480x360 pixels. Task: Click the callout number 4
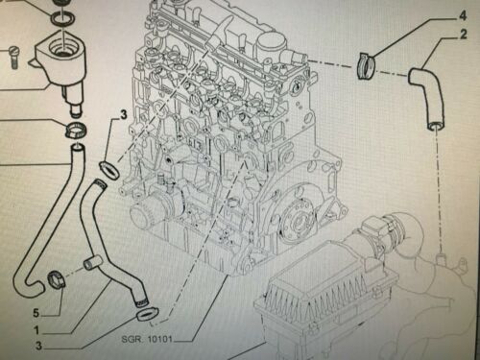click(x=463, y=15)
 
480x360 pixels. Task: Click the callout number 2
click(x=463, y=34)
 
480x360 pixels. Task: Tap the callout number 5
click(x=36, y=313)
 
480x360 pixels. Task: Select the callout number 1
click(x=37, y=330)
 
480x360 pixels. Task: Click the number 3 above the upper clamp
click(x=124, y=114)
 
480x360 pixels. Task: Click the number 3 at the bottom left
click(x=38, y=346)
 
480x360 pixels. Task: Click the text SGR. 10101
click(x=147, y=339)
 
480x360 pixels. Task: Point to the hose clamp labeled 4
click(x=366, y=65)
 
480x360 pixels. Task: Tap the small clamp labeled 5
click(x=57, y=280)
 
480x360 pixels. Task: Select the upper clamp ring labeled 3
click(x=109, y=171)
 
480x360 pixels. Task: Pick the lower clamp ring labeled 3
click(x=148, y=314)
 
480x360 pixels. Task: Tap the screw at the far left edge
click(x=13, y=58)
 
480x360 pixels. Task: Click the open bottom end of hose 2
click(x=437, y=126)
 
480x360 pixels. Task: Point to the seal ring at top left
click(x=62, y=19)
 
